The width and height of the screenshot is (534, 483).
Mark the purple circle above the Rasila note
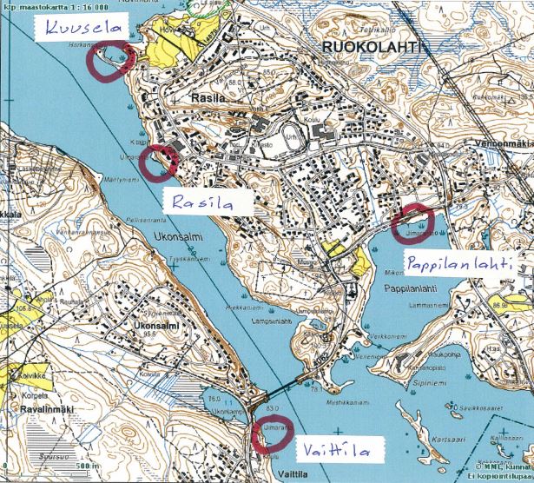click(x=160, y=161)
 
